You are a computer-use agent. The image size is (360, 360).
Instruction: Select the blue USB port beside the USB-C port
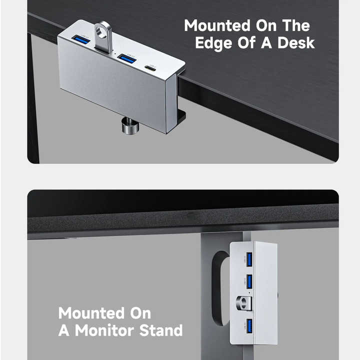126,59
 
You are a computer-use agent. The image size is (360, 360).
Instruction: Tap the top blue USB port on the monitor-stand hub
248,259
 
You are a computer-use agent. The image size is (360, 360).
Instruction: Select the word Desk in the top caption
295,42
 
